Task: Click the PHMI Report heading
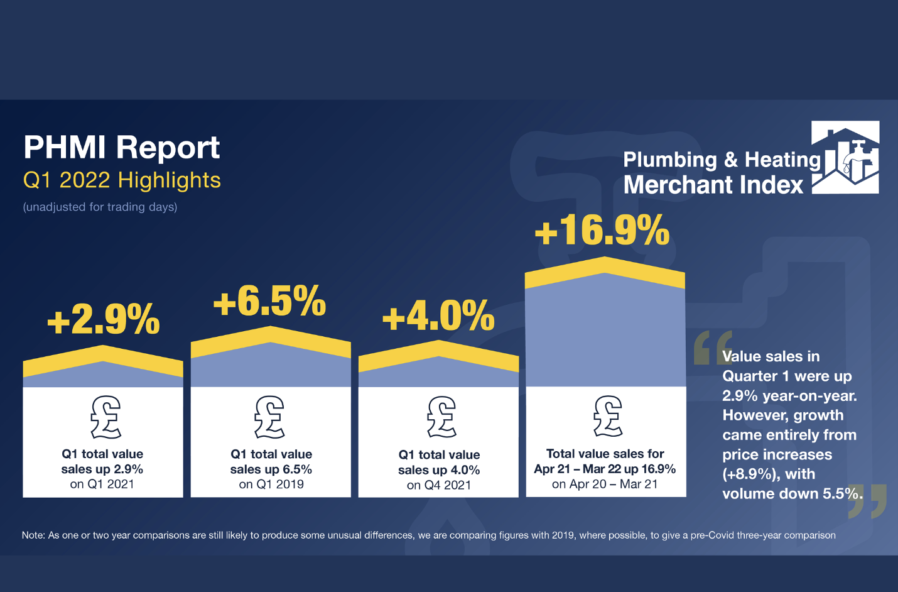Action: point(121,148)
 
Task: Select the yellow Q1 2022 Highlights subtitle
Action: point(122,180)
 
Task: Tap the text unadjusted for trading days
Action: point(100,207)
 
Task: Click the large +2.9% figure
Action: point(104,319)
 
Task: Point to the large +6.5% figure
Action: point(269,301)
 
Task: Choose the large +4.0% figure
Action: point(438,315)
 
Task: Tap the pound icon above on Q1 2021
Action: point(105,417)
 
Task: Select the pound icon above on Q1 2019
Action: point(270,417)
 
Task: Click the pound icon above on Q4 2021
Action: point(441,417)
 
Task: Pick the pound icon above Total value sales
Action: point(608,416)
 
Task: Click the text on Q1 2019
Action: point(271,485)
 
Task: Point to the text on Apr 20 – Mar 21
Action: point(605,484)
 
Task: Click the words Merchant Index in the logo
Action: point(713,185)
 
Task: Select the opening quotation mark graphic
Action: point(711,348)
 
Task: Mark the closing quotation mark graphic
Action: point(868,501)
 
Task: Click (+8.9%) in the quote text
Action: point(747,474)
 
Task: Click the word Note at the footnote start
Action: point(33,535)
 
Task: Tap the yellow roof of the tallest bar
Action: point(605,269)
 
